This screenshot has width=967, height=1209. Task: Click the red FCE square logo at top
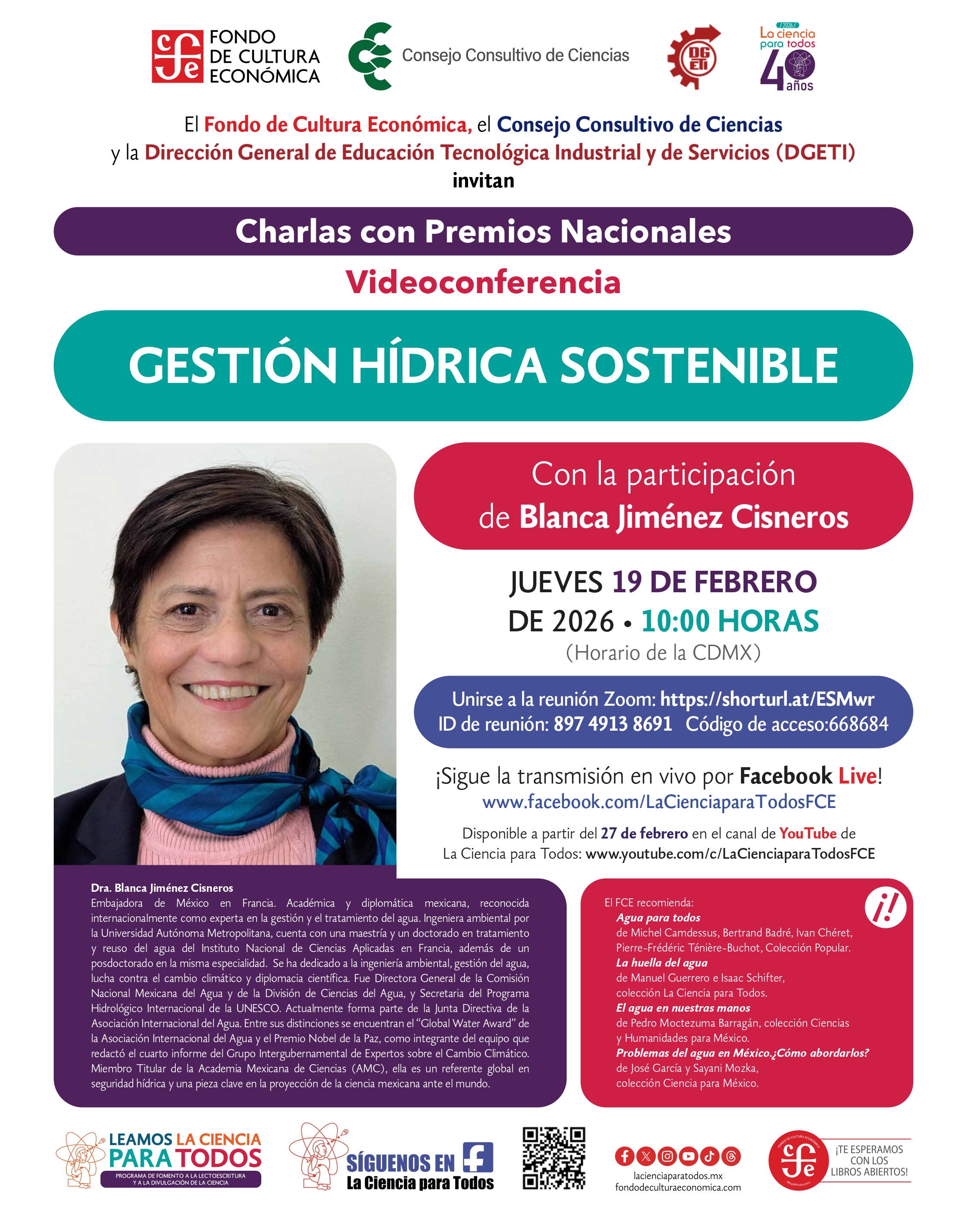pyautogui.click(x=177, y=57)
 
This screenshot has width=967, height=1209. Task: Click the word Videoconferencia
pyautogui.click(x=483, y=282)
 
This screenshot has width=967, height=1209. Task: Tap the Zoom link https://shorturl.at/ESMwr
pyautogui.click(x=767, y=699)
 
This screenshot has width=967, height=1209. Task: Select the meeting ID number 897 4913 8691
pyautogui.click(x=612, y=724)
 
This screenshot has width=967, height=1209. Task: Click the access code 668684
pyautogui.click(x=858, y=724)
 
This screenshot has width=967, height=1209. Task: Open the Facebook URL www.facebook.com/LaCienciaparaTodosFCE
pyautogui.click(x=658, y=802)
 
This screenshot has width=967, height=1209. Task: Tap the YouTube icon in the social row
pyautogui.click(x=688, y=1156)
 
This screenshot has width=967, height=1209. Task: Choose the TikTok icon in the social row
pyautogui.click(x=709, y=1156)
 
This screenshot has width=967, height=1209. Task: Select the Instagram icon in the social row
pyautogui.click(x=667, y=1156)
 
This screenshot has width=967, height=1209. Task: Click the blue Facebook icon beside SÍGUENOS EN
pyautogui.click(x=478, y=1157)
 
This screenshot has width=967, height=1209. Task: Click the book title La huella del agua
pyautogui.click(x=661, y=963)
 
